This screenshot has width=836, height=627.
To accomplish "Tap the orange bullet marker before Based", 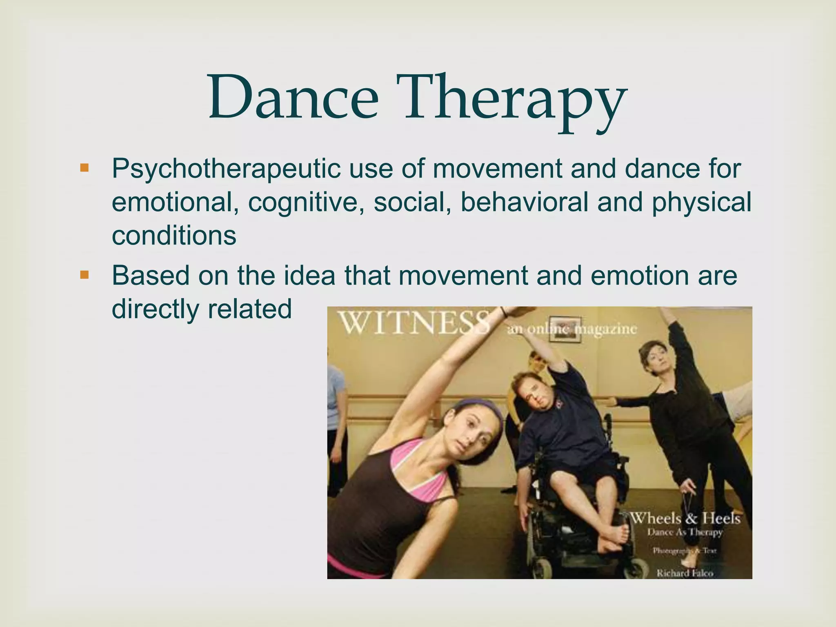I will click(x=84, y=275).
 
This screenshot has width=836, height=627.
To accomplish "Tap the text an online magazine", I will click(x=571, y=329).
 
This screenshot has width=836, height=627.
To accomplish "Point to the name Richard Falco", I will click(x=685, y=573).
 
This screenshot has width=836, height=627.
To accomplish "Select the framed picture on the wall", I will click(x=565, y=329).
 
